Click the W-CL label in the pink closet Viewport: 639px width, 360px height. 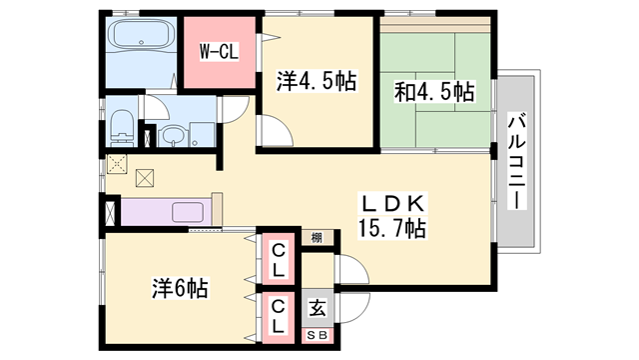pos(218,50)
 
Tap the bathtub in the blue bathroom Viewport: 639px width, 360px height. pos(142,40)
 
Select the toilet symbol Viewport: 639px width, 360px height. pos(121,126)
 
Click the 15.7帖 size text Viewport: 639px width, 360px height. pos(391,228)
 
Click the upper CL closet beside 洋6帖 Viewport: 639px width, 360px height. pos(279,260)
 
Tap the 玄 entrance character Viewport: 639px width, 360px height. pos(316,309)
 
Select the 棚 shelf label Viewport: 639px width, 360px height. pos(316,237)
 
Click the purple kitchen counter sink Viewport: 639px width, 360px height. pos(190,212)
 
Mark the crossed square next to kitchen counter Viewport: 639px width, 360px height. pos(107,213)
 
